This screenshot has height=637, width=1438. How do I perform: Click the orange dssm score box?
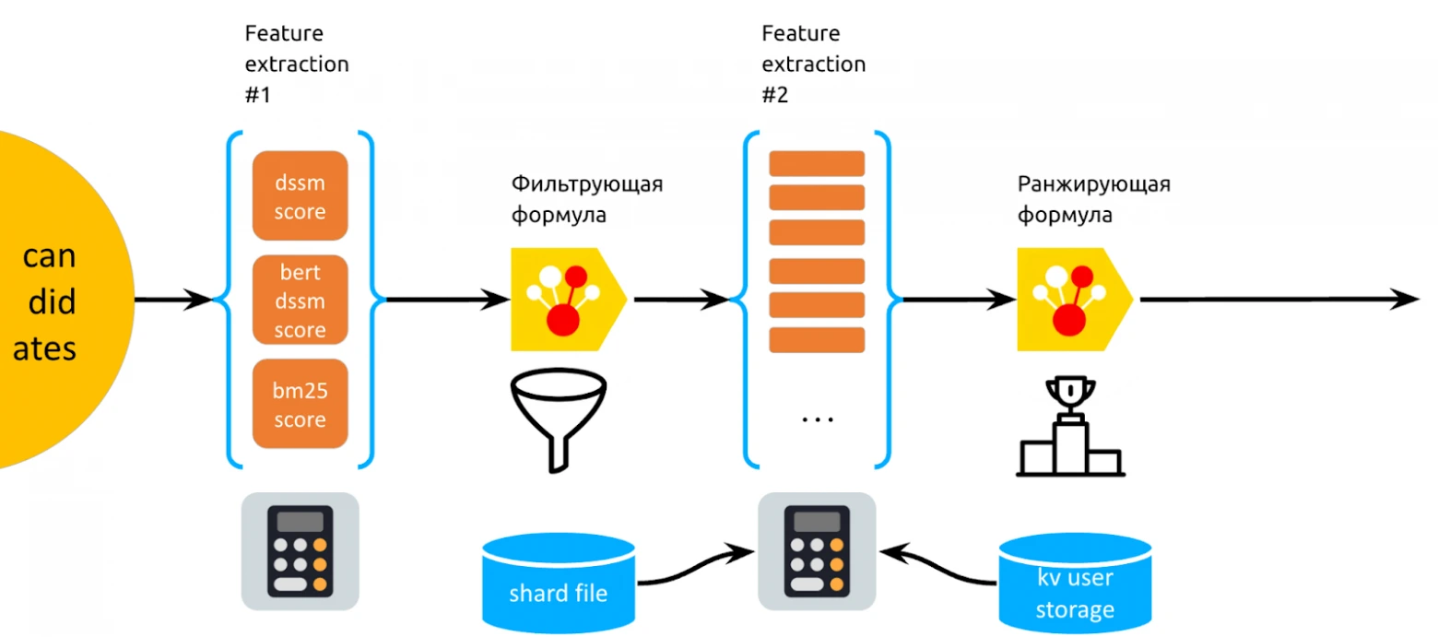coord(300,195)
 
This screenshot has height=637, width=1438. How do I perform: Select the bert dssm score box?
coord(300,300)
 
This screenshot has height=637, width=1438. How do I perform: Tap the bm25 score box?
coord(300,404)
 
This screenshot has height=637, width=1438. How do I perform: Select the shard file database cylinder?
coord(559,583)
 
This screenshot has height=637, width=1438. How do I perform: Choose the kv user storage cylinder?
coord(1076,583)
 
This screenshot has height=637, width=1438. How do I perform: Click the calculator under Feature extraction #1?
coord(300,551)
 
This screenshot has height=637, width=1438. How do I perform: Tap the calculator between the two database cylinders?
coord(817,551)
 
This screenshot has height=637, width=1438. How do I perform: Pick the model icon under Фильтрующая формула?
coord(568,300)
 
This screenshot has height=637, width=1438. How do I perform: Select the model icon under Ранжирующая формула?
coord(1075,300)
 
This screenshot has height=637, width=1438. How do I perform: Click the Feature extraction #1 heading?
coord(297,64)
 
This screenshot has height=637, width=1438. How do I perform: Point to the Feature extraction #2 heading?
coord(813,64)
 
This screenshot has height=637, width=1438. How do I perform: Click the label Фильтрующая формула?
coord(587,199)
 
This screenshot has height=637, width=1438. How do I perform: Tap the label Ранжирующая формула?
coord(1094,199)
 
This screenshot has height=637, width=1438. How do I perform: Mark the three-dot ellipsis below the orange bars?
coord(818,419)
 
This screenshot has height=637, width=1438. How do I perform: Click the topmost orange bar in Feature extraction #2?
coord(817,164)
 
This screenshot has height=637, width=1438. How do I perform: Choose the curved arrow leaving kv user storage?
coord(938,565)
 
